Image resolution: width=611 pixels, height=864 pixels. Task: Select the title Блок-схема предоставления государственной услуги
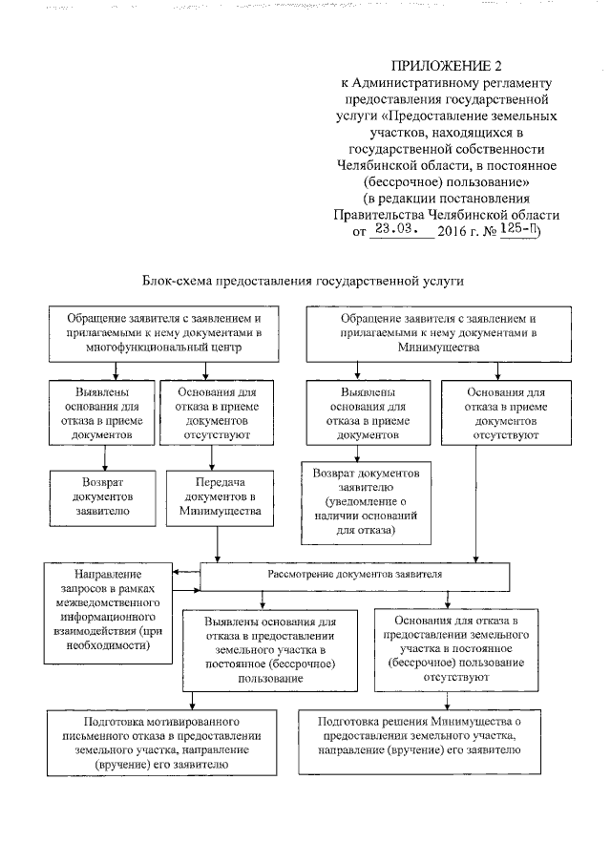tap(303, 282)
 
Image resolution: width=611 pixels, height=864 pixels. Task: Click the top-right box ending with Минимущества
tap(437, 333)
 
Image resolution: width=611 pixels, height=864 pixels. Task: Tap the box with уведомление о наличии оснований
tap(366, 502)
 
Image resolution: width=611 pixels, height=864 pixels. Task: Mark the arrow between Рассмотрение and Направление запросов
tap(187, 576)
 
